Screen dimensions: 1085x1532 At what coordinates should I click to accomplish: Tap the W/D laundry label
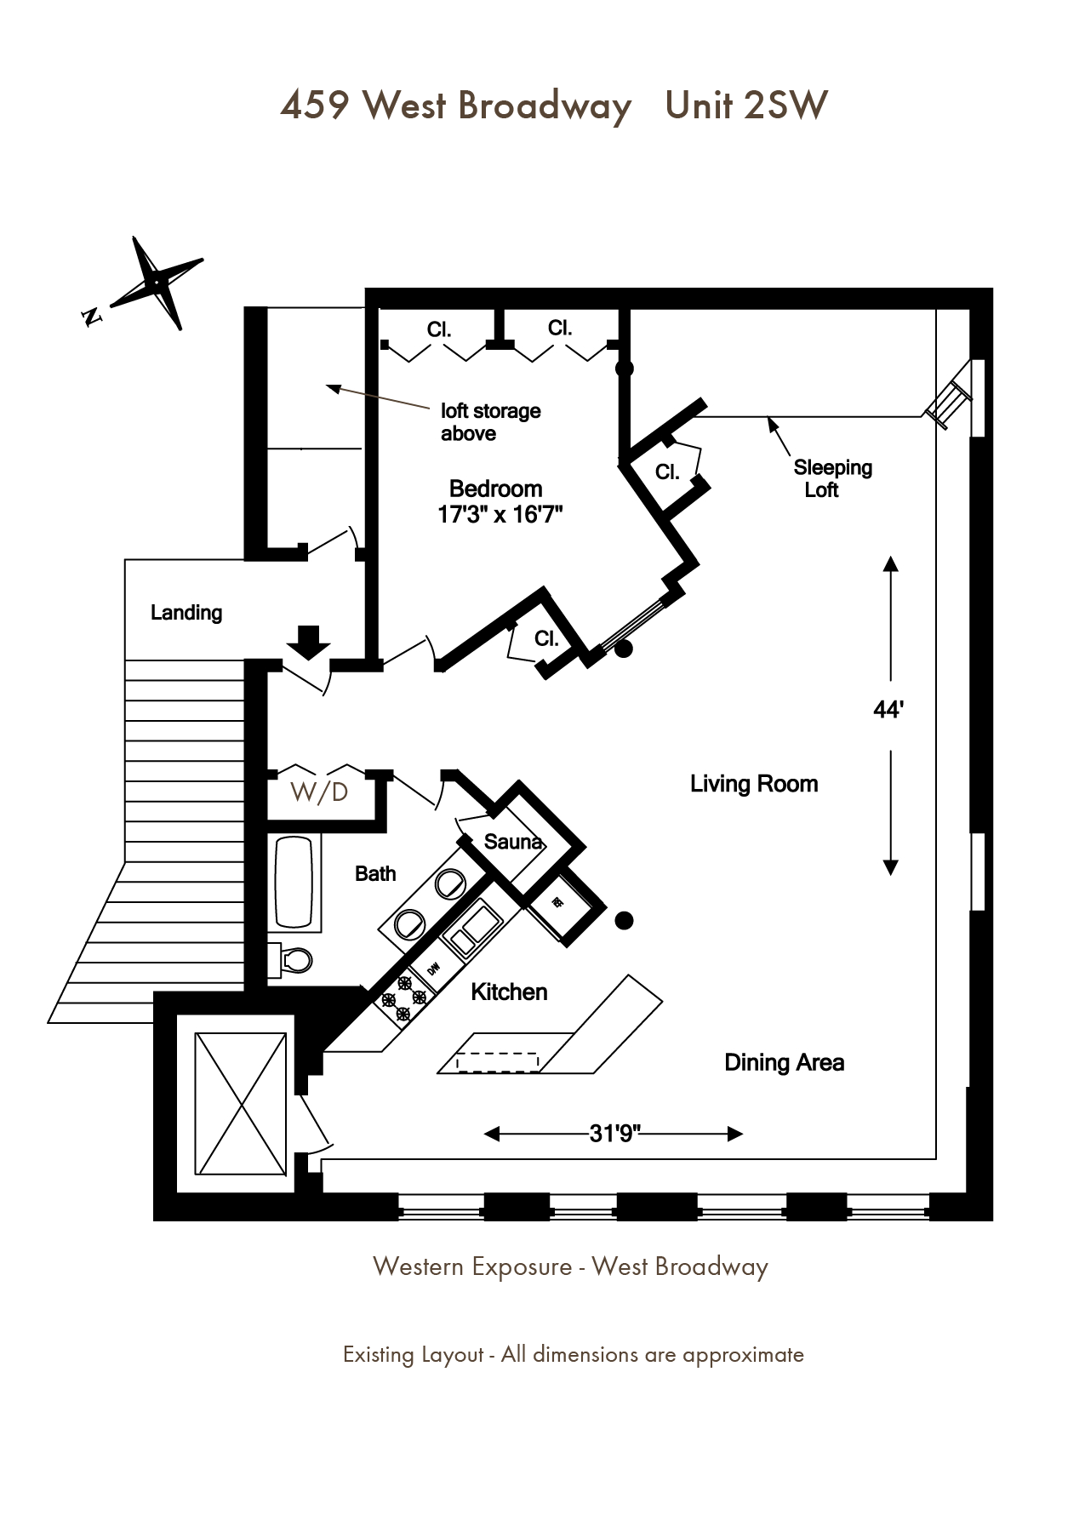click(319, 792)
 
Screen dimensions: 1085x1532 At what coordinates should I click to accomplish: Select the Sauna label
click(513, 842)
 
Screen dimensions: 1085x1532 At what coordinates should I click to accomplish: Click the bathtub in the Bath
click(295, 882)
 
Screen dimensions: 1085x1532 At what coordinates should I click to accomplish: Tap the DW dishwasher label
click(433, 969)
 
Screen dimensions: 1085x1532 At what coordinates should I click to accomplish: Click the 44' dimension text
click(888, 710)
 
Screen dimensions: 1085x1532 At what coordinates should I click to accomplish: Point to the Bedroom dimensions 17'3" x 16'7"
click(501, 515)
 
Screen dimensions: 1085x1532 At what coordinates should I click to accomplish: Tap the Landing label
click(186, 613)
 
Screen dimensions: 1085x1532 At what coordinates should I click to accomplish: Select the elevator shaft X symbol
click(241, 1102)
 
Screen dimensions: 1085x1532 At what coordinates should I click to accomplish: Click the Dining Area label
click(785, 1062)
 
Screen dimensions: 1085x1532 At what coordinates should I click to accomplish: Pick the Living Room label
click(754, 784)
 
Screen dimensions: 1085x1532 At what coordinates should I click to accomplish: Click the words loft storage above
click(491, 422)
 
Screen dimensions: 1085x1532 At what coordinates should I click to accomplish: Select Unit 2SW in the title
click(746, 106)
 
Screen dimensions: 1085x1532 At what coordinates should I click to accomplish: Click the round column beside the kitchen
click(625, 920)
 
